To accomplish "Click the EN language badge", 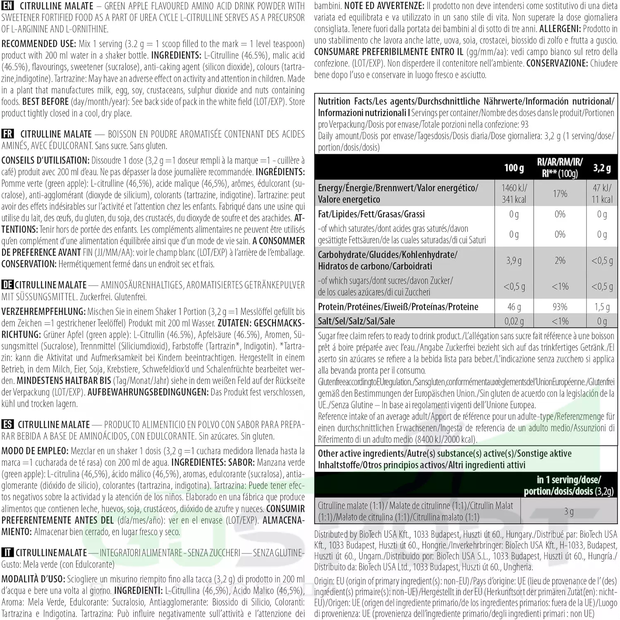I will (x=8, y=6).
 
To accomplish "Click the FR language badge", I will (x=8, y=134).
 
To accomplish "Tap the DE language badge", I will (x=7, y=285).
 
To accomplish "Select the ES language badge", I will (x=8, y=424).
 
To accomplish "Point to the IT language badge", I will (x=7, y=553).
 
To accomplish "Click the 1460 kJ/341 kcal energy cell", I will (x=514, y=193).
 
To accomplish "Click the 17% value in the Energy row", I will (x=560, y=193).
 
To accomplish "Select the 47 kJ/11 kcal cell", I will (x=602, y=193).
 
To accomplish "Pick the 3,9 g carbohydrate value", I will (x=514, y=260).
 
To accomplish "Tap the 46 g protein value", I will (x=514, y=307).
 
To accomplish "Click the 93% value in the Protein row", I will (x=560, y=307).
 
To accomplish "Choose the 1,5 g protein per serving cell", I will (x=602, y=307).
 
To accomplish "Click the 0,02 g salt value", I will (x=514, y=321).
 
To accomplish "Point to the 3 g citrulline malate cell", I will (x=569, y=511).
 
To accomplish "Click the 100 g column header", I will (x=514, y=168).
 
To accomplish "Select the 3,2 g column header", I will (x=602, y=168).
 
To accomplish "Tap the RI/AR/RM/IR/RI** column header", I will (x=560, y=168).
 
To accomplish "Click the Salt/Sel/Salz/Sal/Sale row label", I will (x=356, y=321).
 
